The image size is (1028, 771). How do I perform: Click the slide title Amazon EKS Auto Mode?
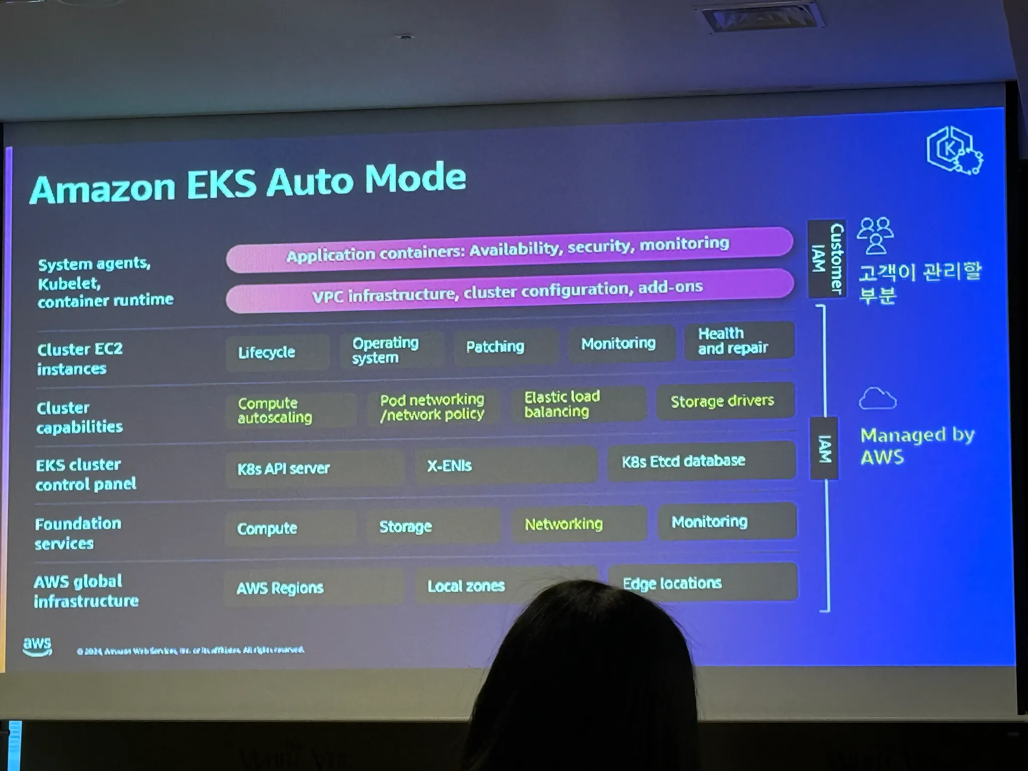click(248, 184)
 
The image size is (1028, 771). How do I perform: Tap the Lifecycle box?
click(277, 352)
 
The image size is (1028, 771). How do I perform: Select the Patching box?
click(505, 346)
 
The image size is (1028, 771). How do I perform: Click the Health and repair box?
click(738, 341)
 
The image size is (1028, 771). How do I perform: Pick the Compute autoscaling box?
click(290, 410)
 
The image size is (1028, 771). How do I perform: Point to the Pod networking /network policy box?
click(432, 407)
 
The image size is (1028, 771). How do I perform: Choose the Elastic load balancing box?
click(578, 404)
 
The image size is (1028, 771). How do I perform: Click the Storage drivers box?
click(725, 401)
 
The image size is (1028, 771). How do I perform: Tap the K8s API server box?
click(314, 468)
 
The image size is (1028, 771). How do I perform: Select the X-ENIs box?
click(506, 465)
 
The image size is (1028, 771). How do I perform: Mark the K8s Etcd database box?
click(701, 461)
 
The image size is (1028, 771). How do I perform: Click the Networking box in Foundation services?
click(578, 524)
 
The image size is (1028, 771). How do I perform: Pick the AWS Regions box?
click(313, 587)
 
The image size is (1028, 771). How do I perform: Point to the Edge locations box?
click(702, 582)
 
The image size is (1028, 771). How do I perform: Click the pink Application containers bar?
click(508, 249)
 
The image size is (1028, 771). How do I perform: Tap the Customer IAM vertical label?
click(827, 259)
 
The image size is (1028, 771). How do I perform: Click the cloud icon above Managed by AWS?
click(877, 399)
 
